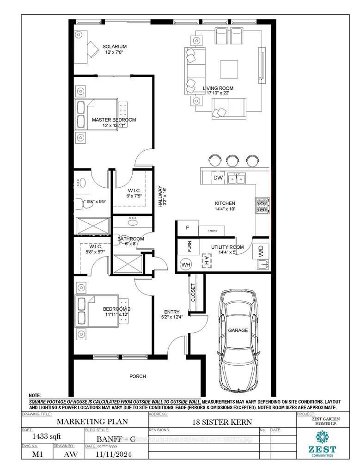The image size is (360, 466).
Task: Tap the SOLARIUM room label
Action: [x=114, y=47]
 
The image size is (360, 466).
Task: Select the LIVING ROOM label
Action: [x=218, y=88]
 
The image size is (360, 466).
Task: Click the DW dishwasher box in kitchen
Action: [x=218, y=178]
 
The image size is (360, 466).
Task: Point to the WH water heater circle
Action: [x=186, y=264]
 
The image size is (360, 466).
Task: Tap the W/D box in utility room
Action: [x=261, y=252]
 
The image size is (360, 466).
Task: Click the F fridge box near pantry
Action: [x=188, y=228]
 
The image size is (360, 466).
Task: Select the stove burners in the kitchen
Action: [x=262, y=205]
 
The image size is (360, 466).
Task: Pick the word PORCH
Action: [x=137, y=376]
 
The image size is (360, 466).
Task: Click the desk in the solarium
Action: [x=83, y=47]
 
